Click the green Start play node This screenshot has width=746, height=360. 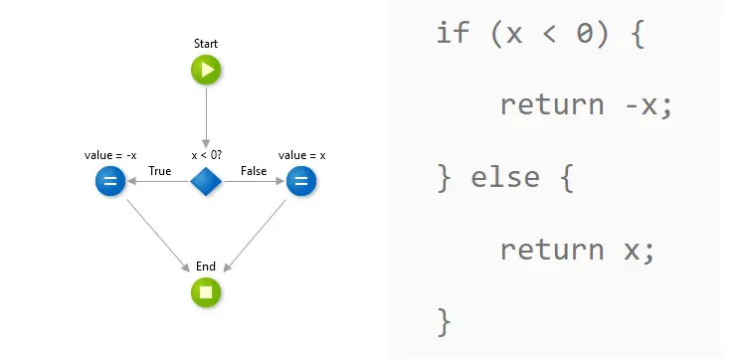(x=206, y=70)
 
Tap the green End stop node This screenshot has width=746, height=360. (x=206, y=292)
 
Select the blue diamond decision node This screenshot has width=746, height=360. (x=206, y=182)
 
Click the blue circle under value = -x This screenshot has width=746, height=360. (x=110, y=181)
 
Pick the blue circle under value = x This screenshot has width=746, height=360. (x=301, y=181)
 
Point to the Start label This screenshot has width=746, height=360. (x=206, y=44)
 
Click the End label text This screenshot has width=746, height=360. (x=206, y=267)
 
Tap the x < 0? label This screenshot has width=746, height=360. (x=207, y=155)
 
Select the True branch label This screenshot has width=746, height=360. (x=160, y=171)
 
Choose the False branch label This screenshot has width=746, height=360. (x=254, y=171)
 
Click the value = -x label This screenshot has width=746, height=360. (x=110, y=155)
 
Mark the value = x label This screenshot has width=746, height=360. (x=302, y=155)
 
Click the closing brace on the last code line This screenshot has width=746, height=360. (x=445, y=321)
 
